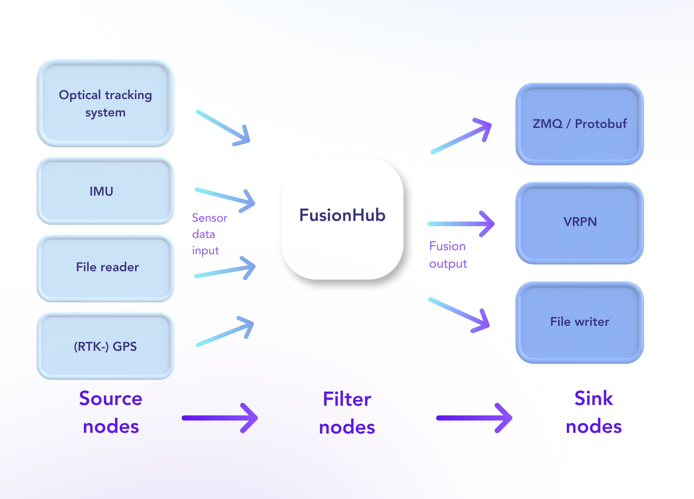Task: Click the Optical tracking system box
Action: pyautogui.click(x=106, y=103)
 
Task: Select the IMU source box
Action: pyautogui.click(x=106, y=191)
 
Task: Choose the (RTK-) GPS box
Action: pyautogui.click(x=106, y=346)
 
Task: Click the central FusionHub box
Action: pyautogui.click(x=343, y=219)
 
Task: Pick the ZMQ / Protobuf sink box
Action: pyautogui.click(x=580, y=124)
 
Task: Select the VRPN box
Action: pyautogui.click(x=580, y=223)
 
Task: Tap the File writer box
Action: pyautogui.click(x=580, y=323)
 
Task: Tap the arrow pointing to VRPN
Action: pyautogui.click(x=461, y=224)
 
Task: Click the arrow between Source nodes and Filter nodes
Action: pyautogui.click(x=220, y=418)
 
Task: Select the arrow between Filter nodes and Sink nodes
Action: pyautogui.click(x=474, y=418)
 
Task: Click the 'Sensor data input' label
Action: pyautogui.click(x=210, y=234)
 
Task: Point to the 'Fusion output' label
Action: pyautogui.click(x=448, y=255)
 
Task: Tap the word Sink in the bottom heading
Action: pyautogui.click(x=594, y=398)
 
